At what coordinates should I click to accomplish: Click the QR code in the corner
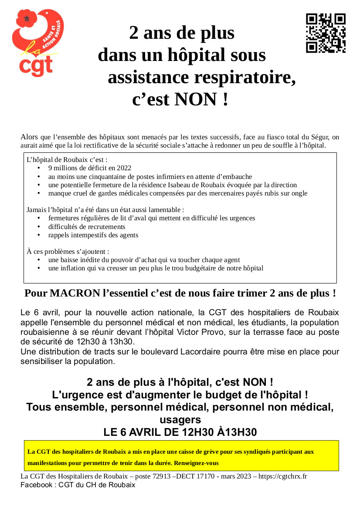326,33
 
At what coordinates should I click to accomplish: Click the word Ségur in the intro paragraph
321,137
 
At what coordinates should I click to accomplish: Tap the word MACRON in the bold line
75,293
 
